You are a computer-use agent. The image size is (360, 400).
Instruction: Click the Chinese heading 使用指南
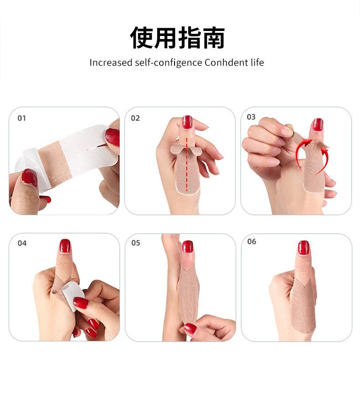177,38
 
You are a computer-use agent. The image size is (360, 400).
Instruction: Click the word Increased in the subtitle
111,62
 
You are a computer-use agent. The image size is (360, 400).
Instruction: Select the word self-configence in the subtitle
169,63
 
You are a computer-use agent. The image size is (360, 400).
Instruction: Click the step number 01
22,118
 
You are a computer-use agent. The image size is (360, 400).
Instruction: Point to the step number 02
135,118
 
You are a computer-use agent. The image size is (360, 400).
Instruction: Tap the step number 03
251,117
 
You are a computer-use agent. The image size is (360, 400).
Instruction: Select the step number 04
22,243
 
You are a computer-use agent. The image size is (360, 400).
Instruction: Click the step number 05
136,243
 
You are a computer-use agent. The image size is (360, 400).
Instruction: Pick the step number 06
252,241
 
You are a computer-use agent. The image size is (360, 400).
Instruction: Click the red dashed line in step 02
187,164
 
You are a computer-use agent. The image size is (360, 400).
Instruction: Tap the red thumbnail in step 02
187,122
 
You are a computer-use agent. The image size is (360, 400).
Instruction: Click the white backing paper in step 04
72,295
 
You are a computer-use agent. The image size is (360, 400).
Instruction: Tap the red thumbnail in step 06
303,248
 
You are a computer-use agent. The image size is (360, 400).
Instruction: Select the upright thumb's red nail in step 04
65,246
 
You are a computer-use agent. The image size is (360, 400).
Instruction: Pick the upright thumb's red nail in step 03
318,124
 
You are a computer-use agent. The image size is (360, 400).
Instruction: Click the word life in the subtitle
257,62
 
